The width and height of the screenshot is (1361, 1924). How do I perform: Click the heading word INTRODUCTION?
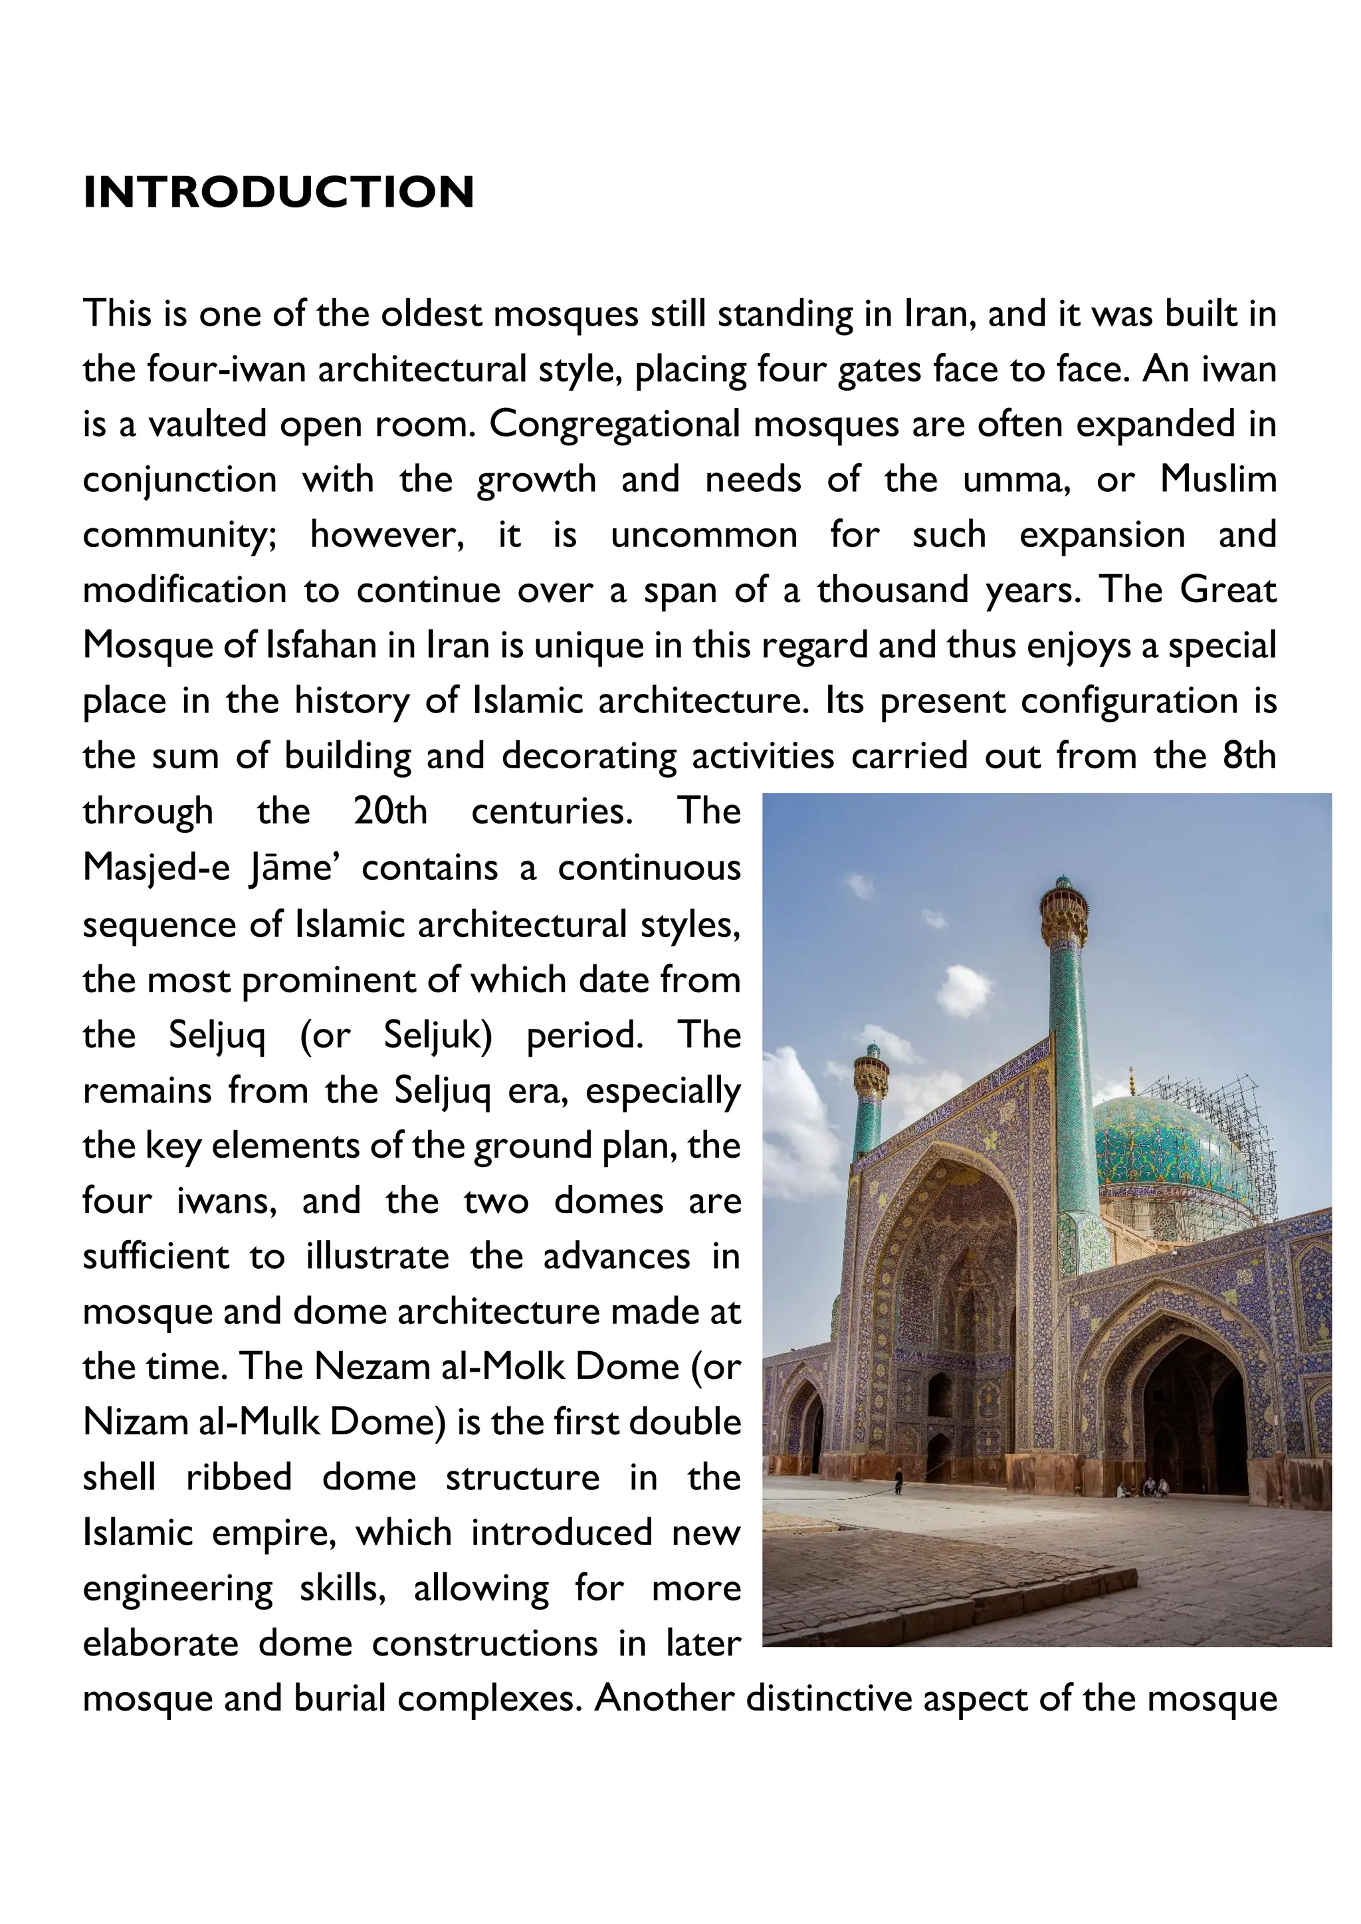278,192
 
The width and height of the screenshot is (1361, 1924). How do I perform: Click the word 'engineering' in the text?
177,1588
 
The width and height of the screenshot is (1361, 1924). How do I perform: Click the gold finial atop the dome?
1132,1081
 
